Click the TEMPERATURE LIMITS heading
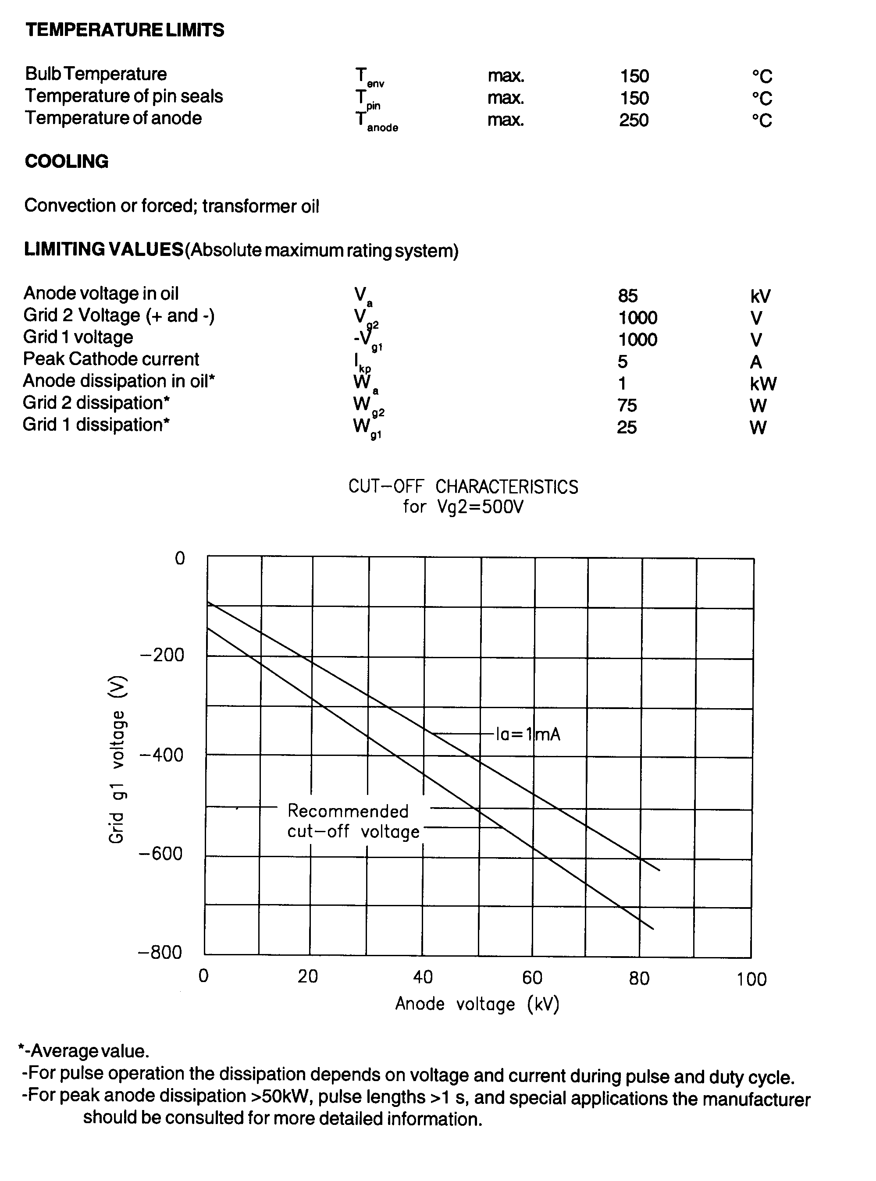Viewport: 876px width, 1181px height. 125,30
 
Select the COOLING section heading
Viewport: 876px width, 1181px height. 67,161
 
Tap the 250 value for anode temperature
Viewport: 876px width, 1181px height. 634,121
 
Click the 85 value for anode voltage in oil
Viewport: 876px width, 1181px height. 628,296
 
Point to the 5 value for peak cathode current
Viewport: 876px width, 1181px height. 623,362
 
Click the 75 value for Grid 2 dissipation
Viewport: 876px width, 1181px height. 627,405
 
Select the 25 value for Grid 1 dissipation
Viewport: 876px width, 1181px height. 627,427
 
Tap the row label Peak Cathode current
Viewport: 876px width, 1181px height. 111,359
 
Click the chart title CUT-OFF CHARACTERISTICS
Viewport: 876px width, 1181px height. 463,486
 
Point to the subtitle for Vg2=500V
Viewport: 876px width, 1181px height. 463,507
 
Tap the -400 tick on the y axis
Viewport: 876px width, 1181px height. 161,755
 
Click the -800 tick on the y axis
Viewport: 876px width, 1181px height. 160,953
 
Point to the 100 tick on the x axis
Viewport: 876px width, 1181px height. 751,979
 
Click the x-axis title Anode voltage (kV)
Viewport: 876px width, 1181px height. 477,1004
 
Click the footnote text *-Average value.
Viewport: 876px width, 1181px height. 84,1051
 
